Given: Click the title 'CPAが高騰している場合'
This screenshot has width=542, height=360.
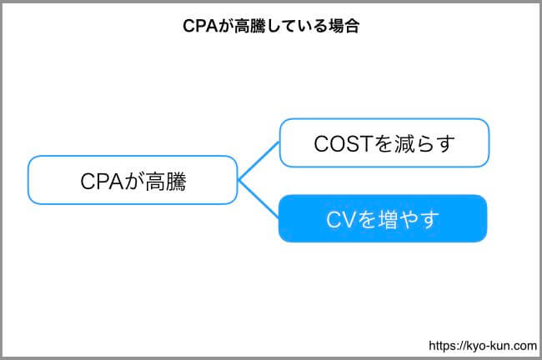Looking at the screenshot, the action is [x=271, y=26].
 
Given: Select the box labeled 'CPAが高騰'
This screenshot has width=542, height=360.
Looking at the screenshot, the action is [x=133, y=180].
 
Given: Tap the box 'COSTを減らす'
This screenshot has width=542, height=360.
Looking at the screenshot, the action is [x=384, y=142].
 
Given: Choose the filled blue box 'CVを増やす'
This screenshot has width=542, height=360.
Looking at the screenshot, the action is [x=383, y=218].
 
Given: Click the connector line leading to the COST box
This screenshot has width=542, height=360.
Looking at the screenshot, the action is [x=258, y=161].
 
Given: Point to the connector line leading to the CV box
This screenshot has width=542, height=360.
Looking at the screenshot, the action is [x=258, y=199].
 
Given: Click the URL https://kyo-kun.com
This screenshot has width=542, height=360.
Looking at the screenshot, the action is [x=483, y=346].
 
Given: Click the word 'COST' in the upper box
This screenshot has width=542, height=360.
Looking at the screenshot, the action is [x=343, y=143].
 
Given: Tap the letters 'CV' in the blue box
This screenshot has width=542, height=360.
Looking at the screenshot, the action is [x=340, y=219].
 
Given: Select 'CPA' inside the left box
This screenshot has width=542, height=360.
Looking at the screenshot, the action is [x=102, y=182].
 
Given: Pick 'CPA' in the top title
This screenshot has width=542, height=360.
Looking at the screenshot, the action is [x=200, y=26].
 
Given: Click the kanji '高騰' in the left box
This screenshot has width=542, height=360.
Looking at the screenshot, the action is [x=166, y=182].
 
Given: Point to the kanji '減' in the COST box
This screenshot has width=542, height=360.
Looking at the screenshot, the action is [x=404, y=143].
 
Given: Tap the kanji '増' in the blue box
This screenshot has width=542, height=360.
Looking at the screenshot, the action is [x=389, y=219].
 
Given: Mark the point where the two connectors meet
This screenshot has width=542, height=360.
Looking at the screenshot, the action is [x=238, y=180].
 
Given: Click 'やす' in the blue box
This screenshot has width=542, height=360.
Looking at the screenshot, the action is [x=419, y=219].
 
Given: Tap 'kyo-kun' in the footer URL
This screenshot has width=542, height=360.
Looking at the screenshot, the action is [x=486, y=346].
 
